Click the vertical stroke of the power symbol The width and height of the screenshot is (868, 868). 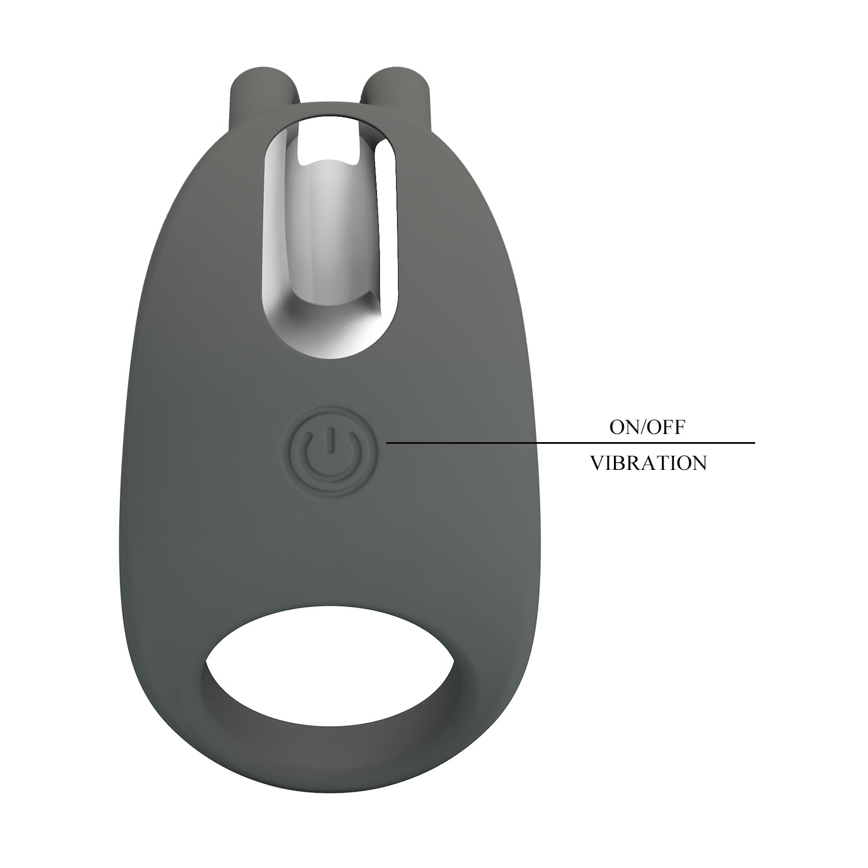(x=328, y=439)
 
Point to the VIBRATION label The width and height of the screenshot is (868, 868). (x=648, y=463)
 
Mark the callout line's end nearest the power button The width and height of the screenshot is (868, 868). (x=388, y=443)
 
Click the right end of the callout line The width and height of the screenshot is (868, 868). (x=753, y=443)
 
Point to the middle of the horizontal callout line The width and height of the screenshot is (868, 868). (x=571, y=443)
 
